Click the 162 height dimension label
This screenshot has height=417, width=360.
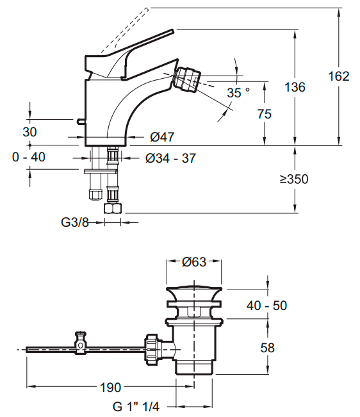click(339, 76)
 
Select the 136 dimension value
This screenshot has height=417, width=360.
click(295, 87)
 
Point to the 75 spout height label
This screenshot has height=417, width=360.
click(265, 114)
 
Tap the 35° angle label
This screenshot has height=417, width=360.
click(238, 93)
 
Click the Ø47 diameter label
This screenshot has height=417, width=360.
click(162, 137)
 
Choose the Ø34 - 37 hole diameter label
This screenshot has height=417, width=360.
click(170, 158)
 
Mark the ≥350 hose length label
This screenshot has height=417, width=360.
click(294, 179)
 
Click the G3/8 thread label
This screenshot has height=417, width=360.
click(75, 222)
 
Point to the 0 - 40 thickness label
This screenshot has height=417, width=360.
click(29, 157)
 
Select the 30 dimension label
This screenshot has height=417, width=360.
click(29, 132)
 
